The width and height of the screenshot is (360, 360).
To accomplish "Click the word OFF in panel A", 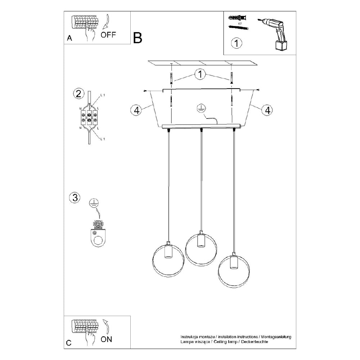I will tap(108, 35).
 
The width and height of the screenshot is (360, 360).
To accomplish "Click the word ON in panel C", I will tap(106, 339).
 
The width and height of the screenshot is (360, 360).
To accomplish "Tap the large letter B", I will tap(138, 38).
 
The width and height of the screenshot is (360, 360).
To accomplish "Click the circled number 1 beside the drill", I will tap(236, 43).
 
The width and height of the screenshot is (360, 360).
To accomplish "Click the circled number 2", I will tap(77, 94).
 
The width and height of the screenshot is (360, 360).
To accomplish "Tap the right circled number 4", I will tap(267, 110).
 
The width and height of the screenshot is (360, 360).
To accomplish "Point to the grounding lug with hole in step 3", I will tap(98, 238).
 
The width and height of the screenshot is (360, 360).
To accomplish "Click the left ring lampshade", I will tap(168, 260).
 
